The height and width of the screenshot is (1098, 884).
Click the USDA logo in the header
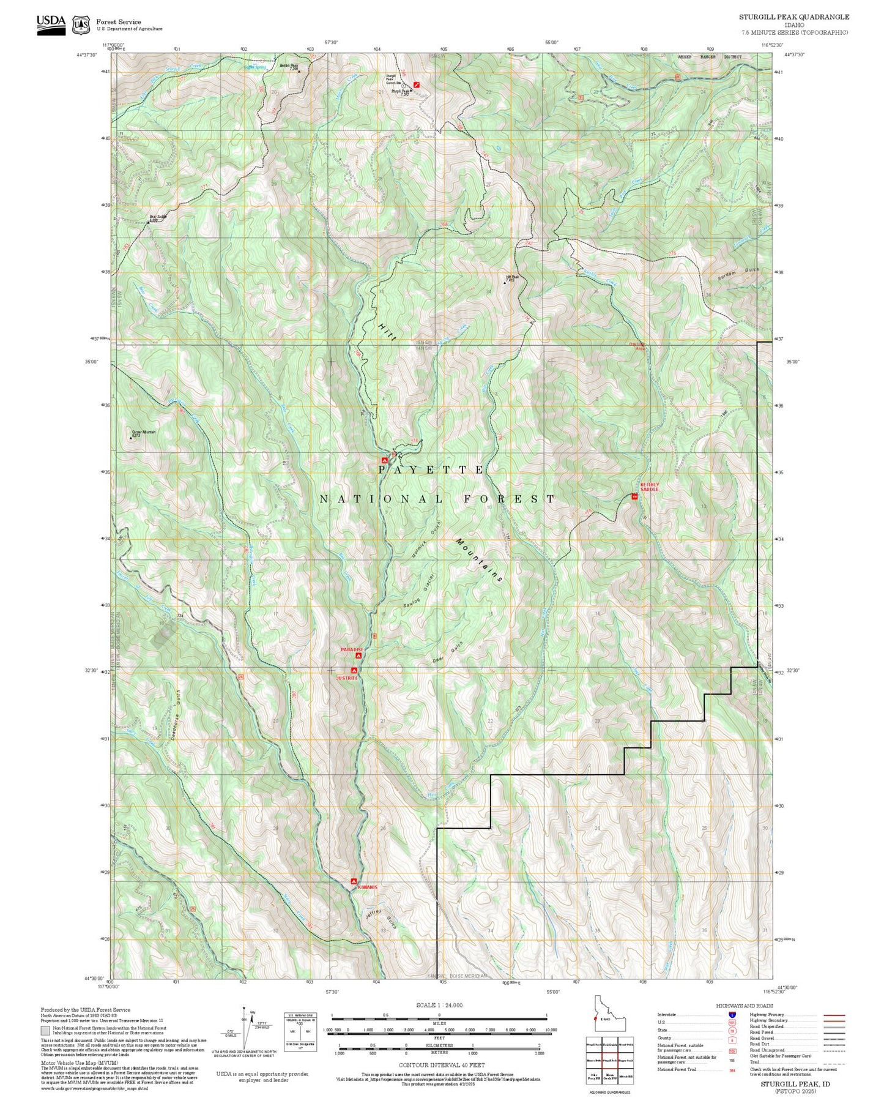[51, 24]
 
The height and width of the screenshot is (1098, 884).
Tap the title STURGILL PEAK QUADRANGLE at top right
[793, 17]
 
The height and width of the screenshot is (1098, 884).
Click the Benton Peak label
[289, 66]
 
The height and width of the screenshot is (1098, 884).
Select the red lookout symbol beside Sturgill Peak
[417, 84]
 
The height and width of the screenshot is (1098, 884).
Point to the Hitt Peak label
[513, 277]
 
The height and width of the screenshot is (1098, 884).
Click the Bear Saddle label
[157, 217]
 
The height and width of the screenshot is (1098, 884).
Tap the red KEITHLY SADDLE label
[650, 487]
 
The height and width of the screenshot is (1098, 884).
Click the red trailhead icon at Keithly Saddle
[634, 497]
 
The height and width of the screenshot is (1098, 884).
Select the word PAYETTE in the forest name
[431, 469]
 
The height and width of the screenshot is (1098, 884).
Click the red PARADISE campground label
[352, 649]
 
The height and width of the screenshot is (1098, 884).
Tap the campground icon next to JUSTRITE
[354, 670]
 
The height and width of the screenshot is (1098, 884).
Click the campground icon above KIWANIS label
[354, 881]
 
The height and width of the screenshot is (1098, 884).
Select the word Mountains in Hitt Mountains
[480, 560]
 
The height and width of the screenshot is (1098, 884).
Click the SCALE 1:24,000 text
[439, 1005]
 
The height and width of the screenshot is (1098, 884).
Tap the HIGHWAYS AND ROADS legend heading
[745, 1006]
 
